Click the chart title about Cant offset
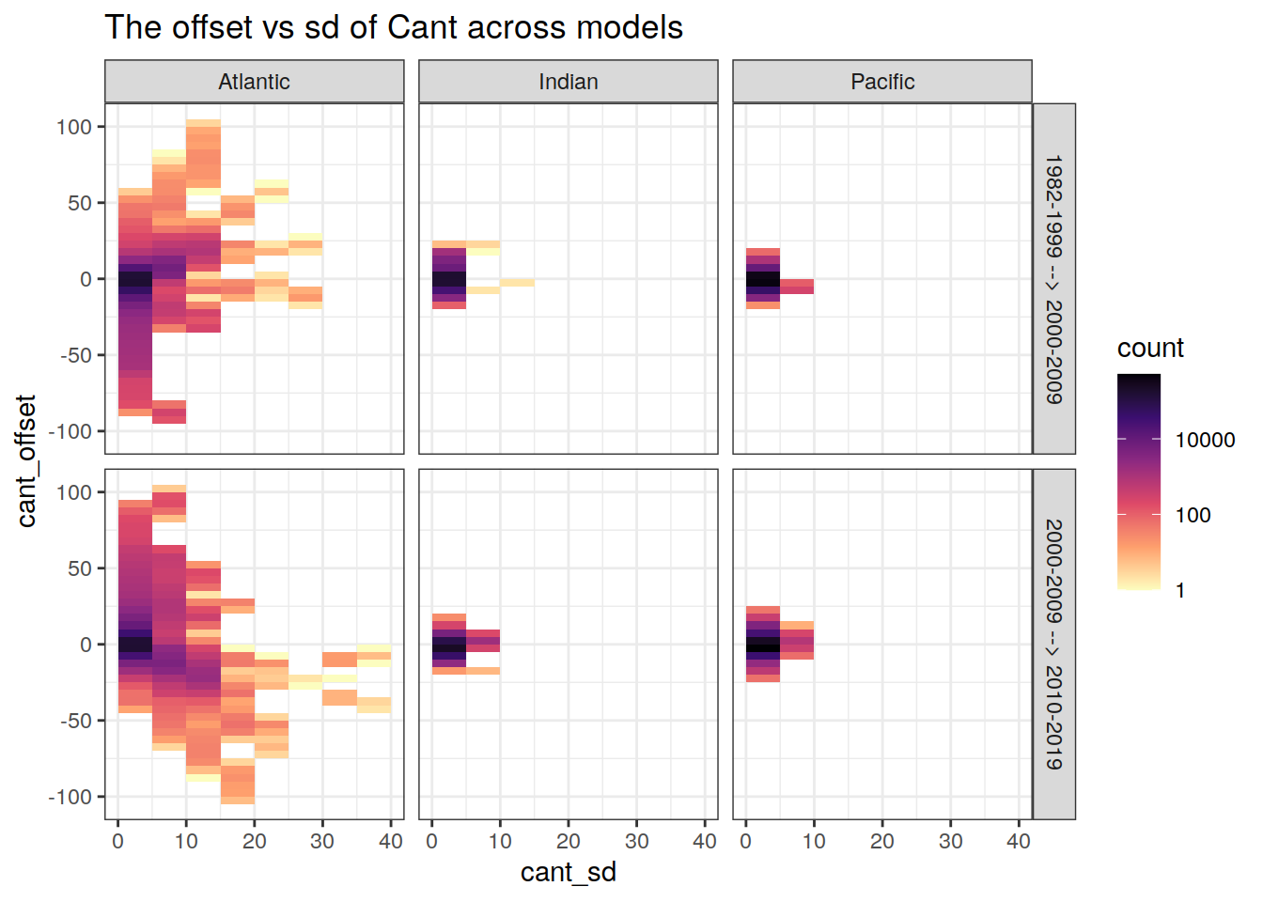click(394, 28)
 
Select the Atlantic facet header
click(254, 82)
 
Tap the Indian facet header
click(568, 82)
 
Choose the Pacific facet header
click(881, 82)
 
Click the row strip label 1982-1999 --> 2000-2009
click(1053, 279)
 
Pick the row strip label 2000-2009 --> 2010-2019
click(1053, 645)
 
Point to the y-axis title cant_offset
click(26, 461)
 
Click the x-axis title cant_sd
click(568, 873)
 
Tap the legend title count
click(1150, 349)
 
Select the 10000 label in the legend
click(1205, 441)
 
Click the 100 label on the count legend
click(1193, 516)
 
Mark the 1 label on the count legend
click(1180, 591)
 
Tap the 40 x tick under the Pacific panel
click(1018, 842)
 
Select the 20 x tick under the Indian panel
click(568, 842)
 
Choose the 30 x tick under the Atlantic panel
click(322, 842)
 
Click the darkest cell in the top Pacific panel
click(762, 279)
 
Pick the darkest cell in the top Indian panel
click(448, 279)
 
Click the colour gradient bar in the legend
click(1138, 481)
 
